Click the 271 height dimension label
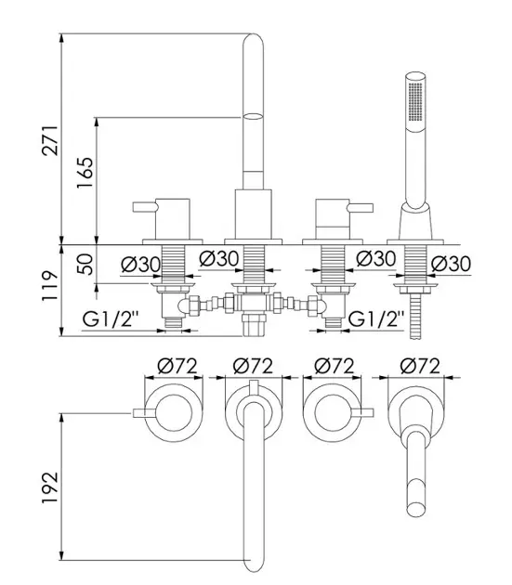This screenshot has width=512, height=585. [x=50, y=140]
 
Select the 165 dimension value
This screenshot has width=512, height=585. [x=85, y=173]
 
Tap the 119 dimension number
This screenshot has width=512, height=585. [x=50, y=286]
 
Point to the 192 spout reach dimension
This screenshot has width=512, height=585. [x=50, y=487]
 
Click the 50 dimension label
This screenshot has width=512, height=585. [x=85, y=264]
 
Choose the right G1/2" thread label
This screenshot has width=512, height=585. [x=376, y=319]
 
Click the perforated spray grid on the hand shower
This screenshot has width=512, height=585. [x=415, y=101]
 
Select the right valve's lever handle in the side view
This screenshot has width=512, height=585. [x=361, y=207]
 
